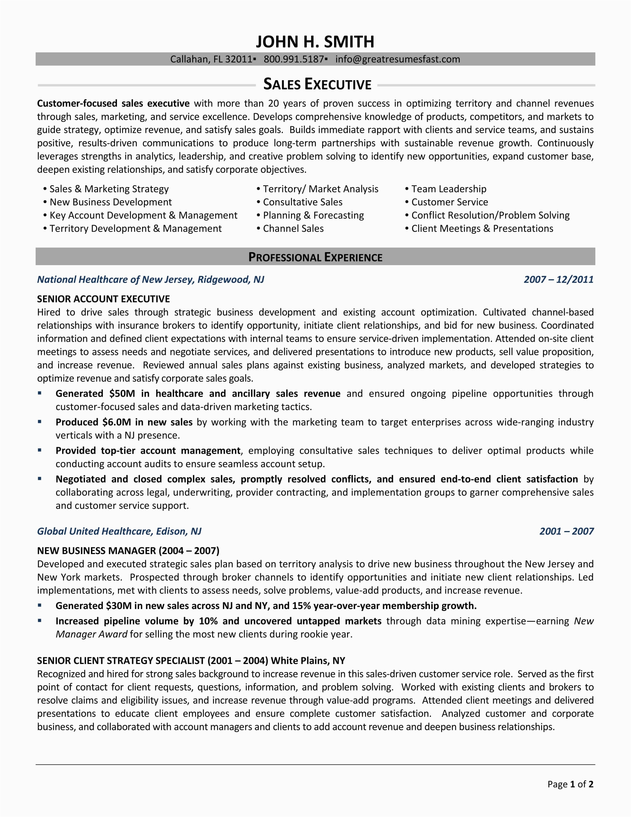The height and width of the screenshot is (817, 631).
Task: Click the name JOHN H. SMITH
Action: tap(315, 42)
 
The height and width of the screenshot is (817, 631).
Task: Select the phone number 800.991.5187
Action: tap(294, 59)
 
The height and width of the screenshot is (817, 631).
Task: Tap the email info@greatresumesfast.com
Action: tap(398, 59)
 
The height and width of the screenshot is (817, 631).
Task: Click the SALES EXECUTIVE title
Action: tap(317, 85)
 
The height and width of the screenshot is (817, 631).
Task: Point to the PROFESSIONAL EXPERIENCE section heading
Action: tap(315, 257)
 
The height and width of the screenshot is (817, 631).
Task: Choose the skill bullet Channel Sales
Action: tap(293, 228)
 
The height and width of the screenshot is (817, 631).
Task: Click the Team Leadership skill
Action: tap(449, 189)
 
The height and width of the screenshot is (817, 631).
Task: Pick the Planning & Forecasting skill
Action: tap(313, 215)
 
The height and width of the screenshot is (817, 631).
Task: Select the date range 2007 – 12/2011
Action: tap(559, 279)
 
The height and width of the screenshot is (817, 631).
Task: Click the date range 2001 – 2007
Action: tap(566, 531)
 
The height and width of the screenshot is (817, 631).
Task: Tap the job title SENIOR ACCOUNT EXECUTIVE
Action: tap(103, 299)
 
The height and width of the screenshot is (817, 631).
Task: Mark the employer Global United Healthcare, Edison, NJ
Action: tap(119, 531)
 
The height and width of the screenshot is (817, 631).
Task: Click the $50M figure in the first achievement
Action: tap(122, 394)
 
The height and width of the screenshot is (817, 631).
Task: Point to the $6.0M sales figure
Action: tap(117, 422)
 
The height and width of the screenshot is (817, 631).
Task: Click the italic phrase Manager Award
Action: tap(92, 634)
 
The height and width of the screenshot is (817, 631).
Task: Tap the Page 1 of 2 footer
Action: tap(570, 784)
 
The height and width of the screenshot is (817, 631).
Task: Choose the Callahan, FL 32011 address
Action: tap(211, 59)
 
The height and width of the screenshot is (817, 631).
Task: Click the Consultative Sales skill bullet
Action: tap(303, 202)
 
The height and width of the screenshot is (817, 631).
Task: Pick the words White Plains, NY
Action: tap(308, 661)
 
